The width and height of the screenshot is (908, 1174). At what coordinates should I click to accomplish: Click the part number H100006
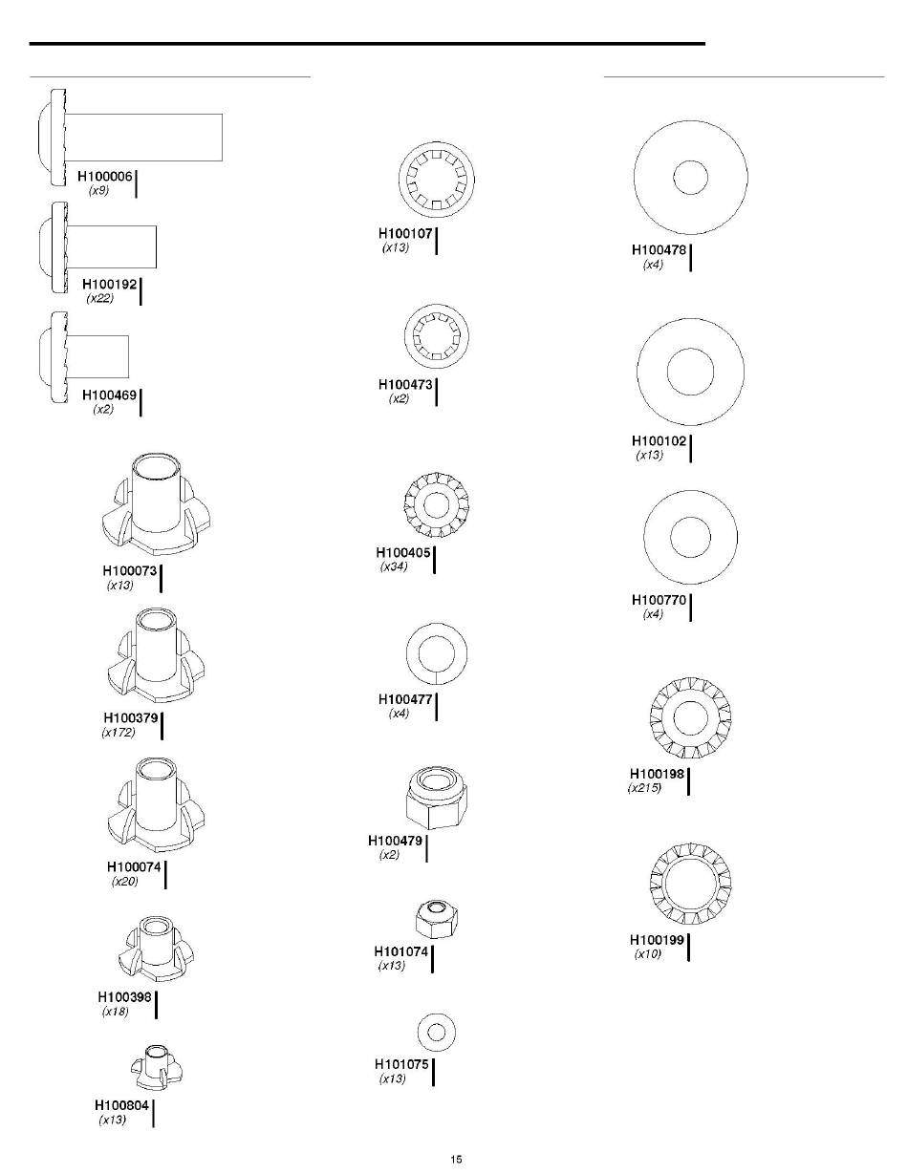coord(104,177)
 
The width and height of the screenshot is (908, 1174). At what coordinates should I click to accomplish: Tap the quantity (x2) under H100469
coord(103,409)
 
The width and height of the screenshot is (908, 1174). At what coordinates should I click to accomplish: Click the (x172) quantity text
coord(119,733)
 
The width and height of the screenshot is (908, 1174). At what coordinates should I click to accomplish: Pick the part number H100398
coord(125,997)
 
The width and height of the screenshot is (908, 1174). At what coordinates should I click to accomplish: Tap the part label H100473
coord(406,385)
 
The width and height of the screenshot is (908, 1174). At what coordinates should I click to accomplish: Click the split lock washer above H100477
coord(437,654)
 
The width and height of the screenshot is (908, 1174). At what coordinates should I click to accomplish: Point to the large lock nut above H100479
coord(436,797)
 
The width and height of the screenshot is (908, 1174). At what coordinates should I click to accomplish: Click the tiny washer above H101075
coord(436,1032)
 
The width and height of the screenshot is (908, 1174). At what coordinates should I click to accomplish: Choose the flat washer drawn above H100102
coord(690,372)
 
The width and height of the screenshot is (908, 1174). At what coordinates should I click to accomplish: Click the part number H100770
coord(659,600)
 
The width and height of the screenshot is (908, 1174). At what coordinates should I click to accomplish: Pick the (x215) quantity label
coord(644,788)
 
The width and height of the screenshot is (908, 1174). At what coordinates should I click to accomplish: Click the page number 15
coord(456,1159)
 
